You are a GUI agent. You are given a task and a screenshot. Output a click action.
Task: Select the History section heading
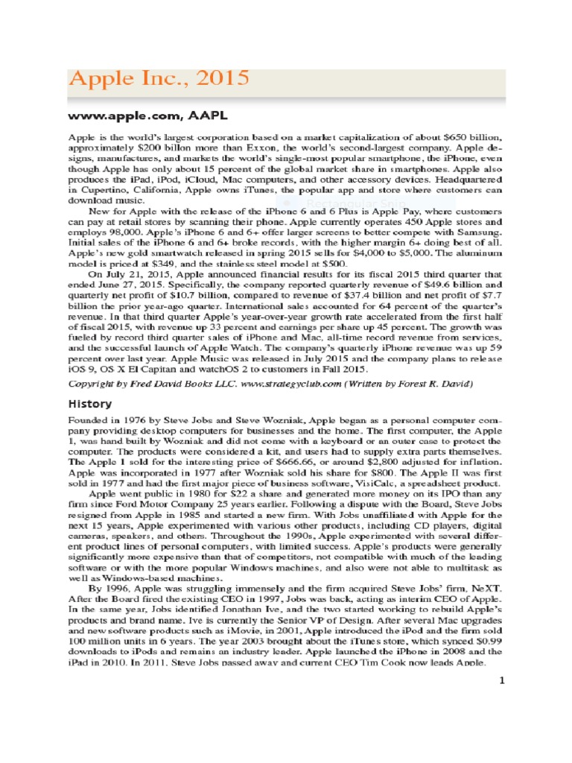click(90, 404)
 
